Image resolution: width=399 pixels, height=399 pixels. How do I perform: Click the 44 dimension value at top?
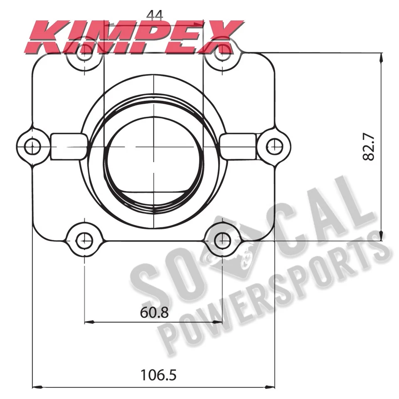point(154,15)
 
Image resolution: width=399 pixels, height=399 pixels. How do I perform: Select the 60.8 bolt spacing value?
point(154,312)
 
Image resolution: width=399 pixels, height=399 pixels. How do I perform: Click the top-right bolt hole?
point(223,52)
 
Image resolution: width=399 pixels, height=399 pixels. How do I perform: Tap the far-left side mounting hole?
point(32,146)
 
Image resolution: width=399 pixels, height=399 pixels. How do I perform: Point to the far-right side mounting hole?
point(273,146)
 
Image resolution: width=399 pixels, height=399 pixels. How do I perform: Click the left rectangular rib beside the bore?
point(69,146)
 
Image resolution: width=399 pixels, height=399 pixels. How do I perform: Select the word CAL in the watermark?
point(316,216)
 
